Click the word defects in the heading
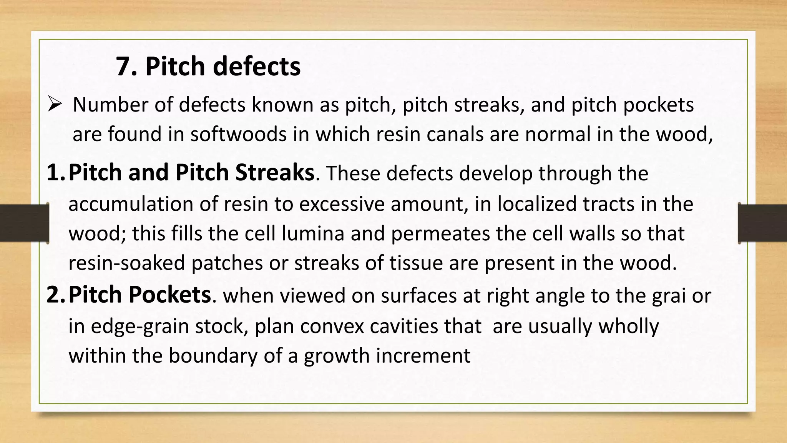coord(256,67)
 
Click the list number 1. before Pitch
coord(56,173)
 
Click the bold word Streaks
coord(275,173)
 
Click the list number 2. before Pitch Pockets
coord(56,295)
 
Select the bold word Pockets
coord(169,295)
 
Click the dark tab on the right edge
coord(762,223)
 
